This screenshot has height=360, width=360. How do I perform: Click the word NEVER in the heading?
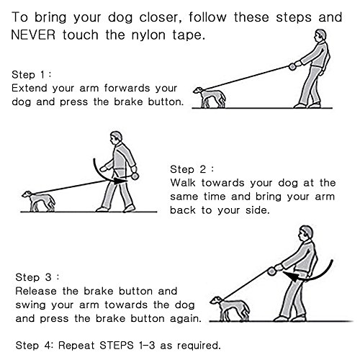pyautogui.click(x=33, y=35)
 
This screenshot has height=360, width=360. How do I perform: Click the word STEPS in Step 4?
pyautogui.click(x=117, y=346)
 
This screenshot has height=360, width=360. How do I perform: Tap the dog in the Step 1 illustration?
pyautogui.click(x=210, y=97)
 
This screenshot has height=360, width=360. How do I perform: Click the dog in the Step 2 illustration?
pyautogui.click(x=38, y=201)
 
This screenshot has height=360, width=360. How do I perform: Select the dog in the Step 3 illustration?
pyautogui.click(x=230, y=309)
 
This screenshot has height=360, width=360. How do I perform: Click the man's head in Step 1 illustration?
pyautogui.click(x=320, y=36)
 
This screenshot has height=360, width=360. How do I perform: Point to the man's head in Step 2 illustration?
pyautogui.click(x=116, y=138)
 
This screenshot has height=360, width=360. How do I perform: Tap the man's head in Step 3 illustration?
pyautogui.click(x=306, y=233)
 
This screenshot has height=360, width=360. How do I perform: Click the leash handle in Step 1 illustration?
pyautogui.click(x=292, y=66)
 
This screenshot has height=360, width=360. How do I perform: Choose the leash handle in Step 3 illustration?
pyautogui.click(x=271, y=271)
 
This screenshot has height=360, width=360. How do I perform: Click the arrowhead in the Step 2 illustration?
pyautogui.click(x=120, y=181)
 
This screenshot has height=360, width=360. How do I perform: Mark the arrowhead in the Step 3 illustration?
pyautogui.click(x=291, y=276)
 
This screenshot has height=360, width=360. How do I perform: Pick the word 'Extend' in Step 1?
pyautogui.click(x=30, y=88)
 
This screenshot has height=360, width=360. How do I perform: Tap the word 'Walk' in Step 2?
pyautogui.click(x=183, y=183)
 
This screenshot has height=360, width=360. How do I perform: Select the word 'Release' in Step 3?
pyautogui.click(x=36, y=291)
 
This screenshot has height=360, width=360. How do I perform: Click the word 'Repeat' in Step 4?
pyautogui.click(x=76, y=346)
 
